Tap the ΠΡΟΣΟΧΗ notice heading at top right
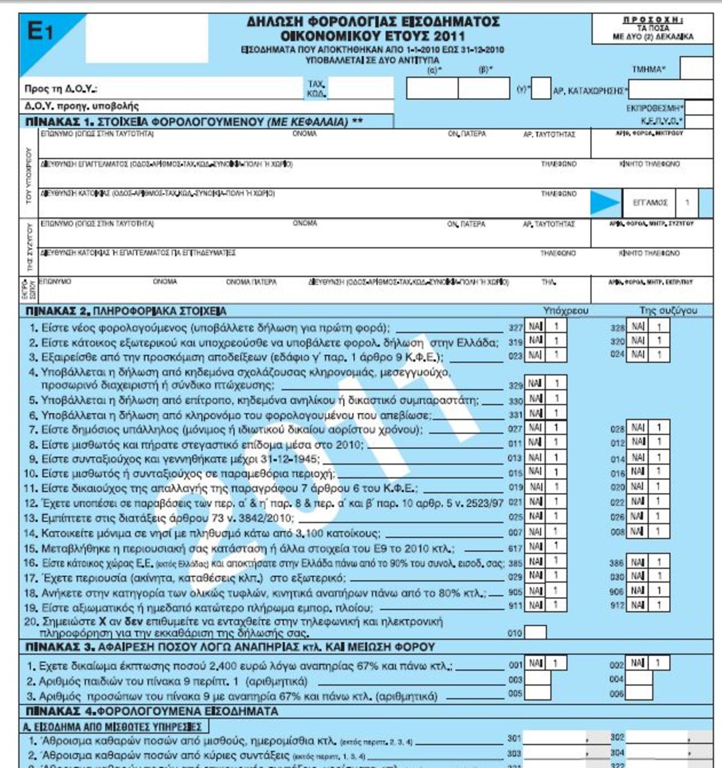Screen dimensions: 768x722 tap(652, 20)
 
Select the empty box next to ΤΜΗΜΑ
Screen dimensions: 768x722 tap(696, 69)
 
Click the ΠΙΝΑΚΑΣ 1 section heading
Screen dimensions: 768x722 tap(194, 122)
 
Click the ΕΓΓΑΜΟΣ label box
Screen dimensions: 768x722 tap(650, 203)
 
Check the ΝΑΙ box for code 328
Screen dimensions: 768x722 tap(638, 327)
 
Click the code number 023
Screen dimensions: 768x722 tap(516, 356)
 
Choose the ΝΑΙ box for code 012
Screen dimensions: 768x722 tap(638, 442)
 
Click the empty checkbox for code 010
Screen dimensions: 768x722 tap(535, 632)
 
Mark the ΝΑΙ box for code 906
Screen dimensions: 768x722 tap(638, 591)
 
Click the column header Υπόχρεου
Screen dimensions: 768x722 tap(566, 311)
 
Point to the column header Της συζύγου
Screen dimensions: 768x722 tap(668, 311)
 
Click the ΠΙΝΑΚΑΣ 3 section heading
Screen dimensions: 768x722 tap(230, 647)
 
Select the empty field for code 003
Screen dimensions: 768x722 tap(537, 679)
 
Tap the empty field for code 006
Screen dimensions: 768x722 tap(639, 693)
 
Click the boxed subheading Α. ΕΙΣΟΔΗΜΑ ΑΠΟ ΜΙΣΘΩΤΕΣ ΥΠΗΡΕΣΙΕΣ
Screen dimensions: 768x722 tap(113, 726)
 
